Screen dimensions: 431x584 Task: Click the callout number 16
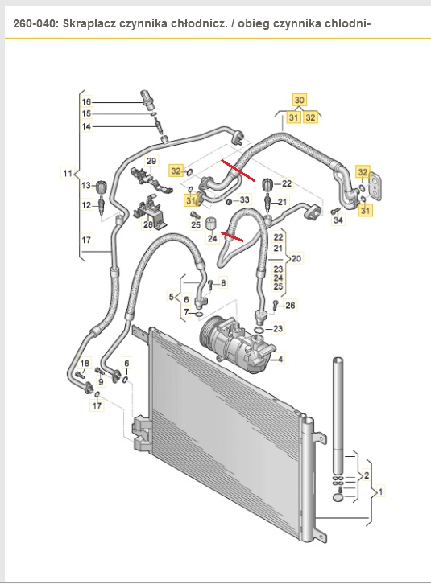click(x=86, y=101)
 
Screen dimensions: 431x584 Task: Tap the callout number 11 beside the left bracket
click(x=68, y=173)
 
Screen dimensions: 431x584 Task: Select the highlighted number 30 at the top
click(x=299, y=100)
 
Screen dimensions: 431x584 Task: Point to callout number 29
click(x=151, y=161)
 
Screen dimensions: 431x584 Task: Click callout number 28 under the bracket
click(x=148, y=224)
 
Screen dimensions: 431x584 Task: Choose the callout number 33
click(x=244, y=200)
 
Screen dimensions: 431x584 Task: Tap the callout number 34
click(x=338, y=220)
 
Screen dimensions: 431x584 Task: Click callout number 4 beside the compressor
click(x=280, y=359)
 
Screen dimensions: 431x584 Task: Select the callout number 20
click(x=296, y=258)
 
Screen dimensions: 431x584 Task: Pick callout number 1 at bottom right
click(x=380, y=491)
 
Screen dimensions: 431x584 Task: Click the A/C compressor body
click(x=238, y=343)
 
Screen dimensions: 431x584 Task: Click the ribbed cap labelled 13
click(x=102, y=187)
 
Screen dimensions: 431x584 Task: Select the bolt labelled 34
click(x=335, y=211)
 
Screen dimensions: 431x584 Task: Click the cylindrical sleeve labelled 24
click(x=212, y=224)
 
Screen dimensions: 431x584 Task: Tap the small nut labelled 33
click(x=230, y=202)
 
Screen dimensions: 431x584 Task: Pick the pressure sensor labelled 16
click(x=147, y=99)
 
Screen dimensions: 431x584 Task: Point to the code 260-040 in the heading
click(x=35, y=24)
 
